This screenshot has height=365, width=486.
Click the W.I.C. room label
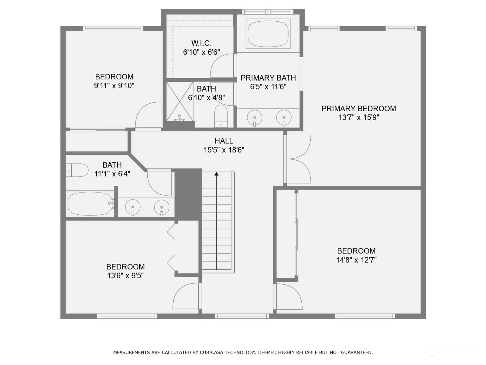pyautogui.click(x=201, y=43)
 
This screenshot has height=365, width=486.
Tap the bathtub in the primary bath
pyautogui.click(x=268, y=34)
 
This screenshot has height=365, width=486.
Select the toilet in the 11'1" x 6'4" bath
pyautogui.click(x=77, y=170)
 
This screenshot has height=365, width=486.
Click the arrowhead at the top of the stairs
pyautogui.click(x=216, y=174)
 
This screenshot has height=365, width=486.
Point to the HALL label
pyautogui.click(x=224, y=141)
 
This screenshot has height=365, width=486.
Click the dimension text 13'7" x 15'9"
pyautogui.click(x=359, y=117)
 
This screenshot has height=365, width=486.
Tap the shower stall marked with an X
pyautogui.click(x=180, y=102)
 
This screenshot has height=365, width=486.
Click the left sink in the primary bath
pyautogui.click(x=255, y=118)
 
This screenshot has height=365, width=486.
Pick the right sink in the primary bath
pyautogui.click(x=284, y=118)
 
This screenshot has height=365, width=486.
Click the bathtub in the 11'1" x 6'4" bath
pyautogui.click(x=90, y=204)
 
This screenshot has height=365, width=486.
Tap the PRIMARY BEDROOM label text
pyautogui.click(x=359, y=109)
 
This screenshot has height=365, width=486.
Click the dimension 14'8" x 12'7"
pyautogui.click(x=356, y=260)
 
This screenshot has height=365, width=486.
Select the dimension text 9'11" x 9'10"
pyautogui.click(x=114, y=85)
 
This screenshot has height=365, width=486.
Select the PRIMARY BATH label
pyautogui.click(x=268, y=78)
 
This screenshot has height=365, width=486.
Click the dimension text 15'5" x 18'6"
pyautogui.click(x=224, y=150)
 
